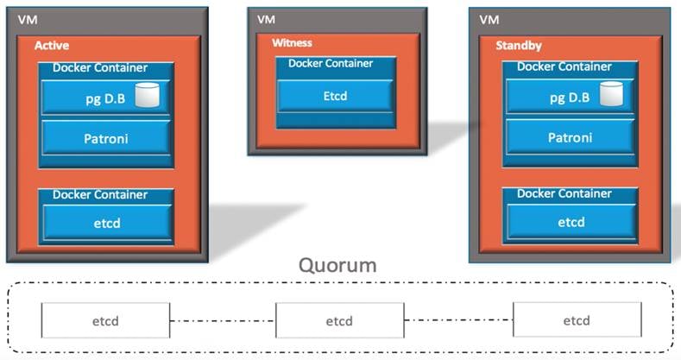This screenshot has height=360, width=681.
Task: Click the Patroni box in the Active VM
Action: (x=107, y=138)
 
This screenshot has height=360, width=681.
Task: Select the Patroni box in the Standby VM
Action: (x=571, y=137)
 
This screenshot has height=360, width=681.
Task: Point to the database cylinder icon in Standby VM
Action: (x=612, y=92)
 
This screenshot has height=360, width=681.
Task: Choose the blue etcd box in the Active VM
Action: (x=106, y=223)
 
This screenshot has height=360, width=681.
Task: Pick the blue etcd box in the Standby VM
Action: (x=571, y=222)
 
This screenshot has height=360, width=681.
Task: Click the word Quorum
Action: (x=337, y=265)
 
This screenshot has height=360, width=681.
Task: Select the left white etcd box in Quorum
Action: (x=105, y=321)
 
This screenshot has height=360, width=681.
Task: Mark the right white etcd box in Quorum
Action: (x=577, y=320)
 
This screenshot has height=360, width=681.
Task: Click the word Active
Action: (x=51, y=46)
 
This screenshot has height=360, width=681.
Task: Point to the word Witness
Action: (x=292, y=42)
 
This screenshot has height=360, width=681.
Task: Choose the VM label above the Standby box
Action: (x=489, y=18)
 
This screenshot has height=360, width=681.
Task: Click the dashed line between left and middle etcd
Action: (x=223, y=321)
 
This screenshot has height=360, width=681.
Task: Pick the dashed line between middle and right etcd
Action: (x=457, y=321)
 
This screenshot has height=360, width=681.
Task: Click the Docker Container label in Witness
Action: (x=331, y=63)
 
